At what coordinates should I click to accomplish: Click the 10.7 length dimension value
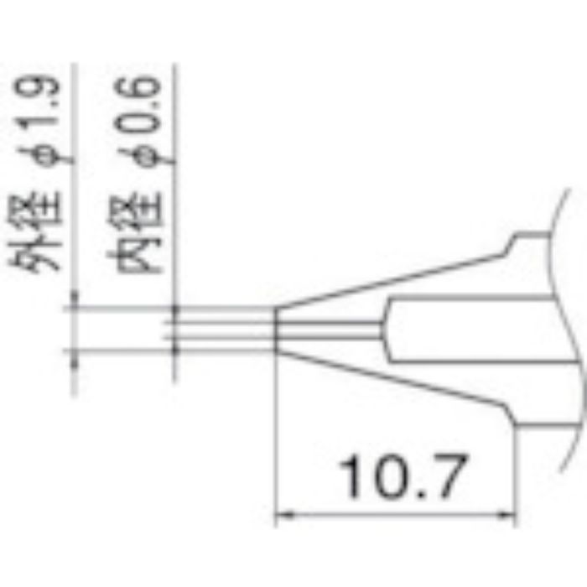[x=400, y=477]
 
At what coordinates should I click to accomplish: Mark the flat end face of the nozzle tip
[x=277, y=328]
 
